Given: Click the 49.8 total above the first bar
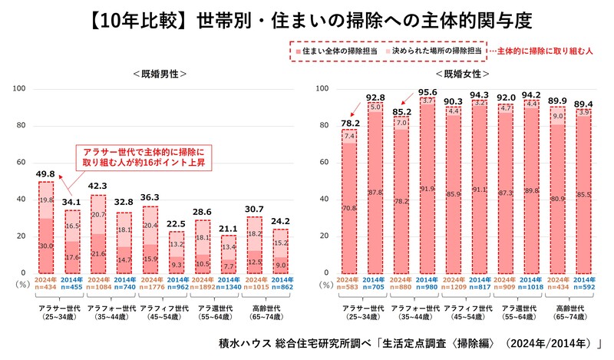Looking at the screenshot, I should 47,173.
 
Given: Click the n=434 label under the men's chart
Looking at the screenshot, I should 47,286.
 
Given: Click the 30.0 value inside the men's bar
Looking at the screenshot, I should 46,246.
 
